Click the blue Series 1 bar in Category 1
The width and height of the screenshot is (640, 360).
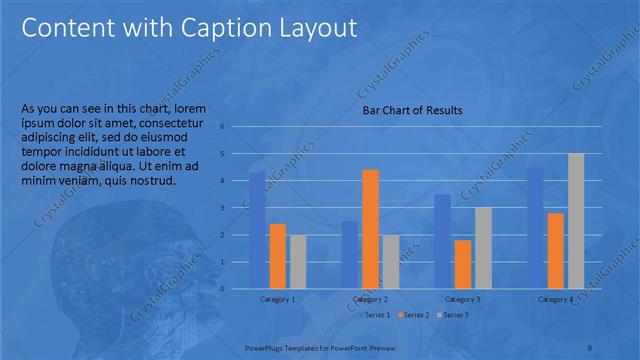[x=258, y=230]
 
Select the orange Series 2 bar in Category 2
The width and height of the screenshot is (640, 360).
[x=370, y=229]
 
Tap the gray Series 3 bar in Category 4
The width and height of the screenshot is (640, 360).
[x=576, y=221]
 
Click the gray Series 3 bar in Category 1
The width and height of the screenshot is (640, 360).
[x=298, y=262]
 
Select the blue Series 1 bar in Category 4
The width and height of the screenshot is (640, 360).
[x=535, y=228]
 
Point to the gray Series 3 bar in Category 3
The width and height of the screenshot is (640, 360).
[x=483, y=248]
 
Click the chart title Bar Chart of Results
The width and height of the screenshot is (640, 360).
[x=412, y=111]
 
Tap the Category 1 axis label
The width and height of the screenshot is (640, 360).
[x=277, y=299]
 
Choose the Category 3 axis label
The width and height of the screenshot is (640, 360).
[x=463, y=299]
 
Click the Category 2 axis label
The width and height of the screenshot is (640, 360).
[x=370, y=299]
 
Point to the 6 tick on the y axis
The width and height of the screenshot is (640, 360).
[x=236, y=127]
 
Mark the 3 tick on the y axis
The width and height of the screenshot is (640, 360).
[x=236, y=208]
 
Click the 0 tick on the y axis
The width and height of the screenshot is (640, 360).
[x=236, y=289]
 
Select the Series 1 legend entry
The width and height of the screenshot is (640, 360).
[x=375, y=315]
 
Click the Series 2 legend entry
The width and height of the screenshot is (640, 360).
[x=414, y=315]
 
